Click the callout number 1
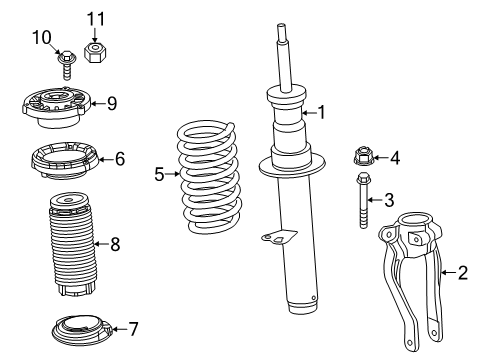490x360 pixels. [321, 113]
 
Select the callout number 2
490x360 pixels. [461, 271]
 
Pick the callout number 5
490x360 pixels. [158, 174]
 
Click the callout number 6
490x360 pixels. [119, 158]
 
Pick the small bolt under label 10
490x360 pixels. [64, 64]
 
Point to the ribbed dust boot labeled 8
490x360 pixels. [69, 250]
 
